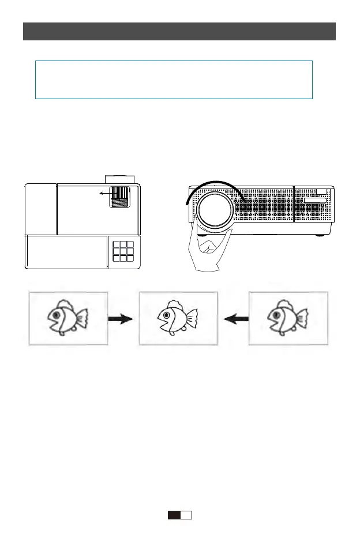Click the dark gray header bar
click(179, 31)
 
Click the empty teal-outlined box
click(174, 80)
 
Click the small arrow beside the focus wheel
click(105, 194)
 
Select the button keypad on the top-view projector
click(122, 252)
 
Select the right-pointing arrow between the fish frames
click(122, 319)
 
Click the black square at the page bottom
click(174, 515)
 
